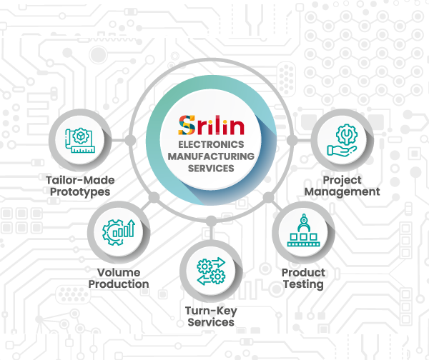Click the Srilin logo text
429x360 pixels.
coord(211,126)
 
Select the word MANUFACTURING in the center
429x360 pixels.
coord(211,156)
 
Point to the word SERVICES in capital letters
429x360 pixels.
coord(211,169)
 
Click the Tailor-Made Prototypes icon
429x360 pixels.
coord(80,141)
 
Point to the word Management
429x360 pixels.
coord(342,191)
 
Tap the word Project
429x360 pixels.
coord(342,180)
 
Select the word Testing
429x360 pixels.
coord(303,284)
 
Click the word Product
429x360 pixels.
coord(303,273)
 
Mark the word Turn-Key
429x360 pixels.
coord(211,311)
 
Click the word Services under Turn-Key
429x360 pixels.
coord(211,322)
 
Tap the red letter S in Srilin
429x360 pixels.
coord(186,126)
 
